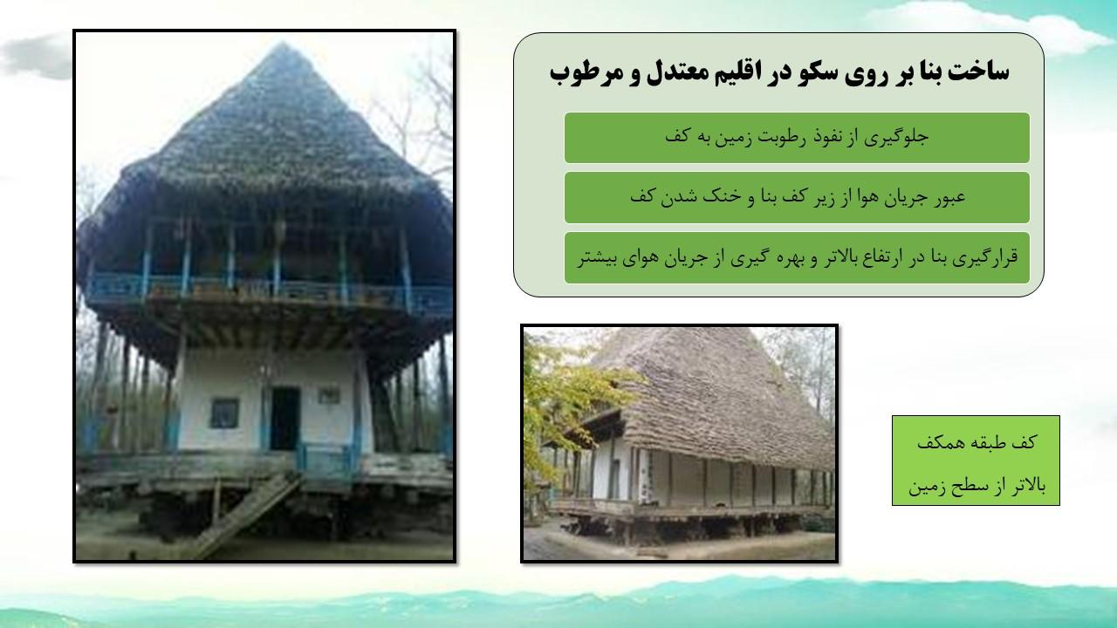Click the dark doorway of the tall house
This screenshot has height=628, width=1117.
(x=284, y=419)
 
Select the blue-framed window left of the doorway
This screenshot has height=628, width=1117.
(x=224, y=413)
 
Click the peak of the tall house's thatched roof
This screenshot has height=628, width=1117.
(x=283, y=44)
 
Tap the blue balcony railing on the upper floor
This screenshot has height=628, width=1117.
(x=270, y=290)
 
